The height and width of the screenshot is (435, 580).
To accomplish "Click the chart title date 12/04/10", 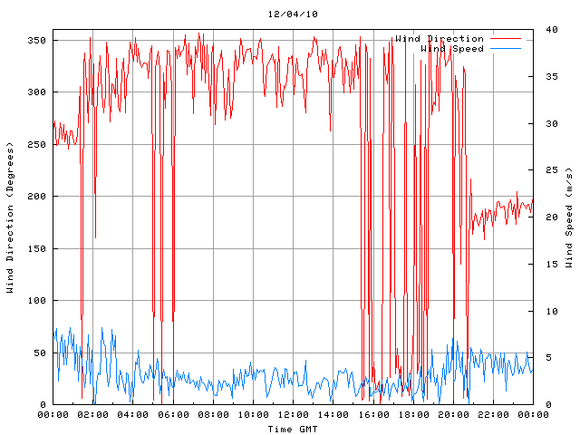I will pyautogui.click(x=293, y=14).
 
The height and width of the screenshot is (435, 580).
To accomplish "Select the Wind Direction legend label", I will pyautogui.click(x=440, y=39).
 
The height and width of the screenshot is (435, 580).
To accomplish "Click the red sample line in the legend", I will pyautogui.click(x=507, y=39).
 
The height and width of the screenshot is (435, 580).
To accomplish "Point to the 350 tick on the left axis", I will pyautogui.click(x=37, y=40).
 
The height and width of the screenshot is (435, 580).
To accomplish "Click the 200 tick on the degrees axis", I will pyautogui.click(x=37, y=196).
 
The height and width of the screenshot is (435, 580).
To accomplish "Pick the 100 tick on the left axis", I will pyautogui.click(x=37, y=300).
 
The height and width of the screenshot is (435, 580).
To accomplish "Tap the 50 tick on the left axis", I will pyautogui.click(x=40, y=353).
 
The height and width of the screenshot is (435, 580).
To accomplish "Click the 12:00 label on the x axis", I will pyautogui.click(x=293, y=414).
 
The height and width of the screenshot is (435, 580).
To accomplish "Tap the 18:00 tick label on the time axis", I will pyautogui.click(x=413, y=414).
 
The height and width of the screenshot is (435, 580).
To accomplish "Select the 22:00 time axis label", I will pyautogui.click(x=493, y=414).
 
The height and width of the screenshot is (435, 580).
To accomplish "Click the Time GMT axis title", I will pyautogui.click(x=293, y=428).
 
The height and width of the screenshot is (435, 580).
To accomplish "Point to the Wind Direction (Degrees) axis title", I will pyautogui.click(x=10, y=217).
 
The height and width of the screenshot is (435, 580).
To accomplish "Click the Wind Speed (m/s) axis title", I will pyautogui.click(x=569, y=217).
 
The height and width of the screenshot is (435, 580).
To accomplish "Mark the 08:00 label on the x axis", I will pyautogui.click(x=213, y=414).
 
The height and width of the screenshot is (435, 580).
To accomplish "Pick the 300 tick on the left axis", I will pyautogui.click(x=37, y=92).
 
